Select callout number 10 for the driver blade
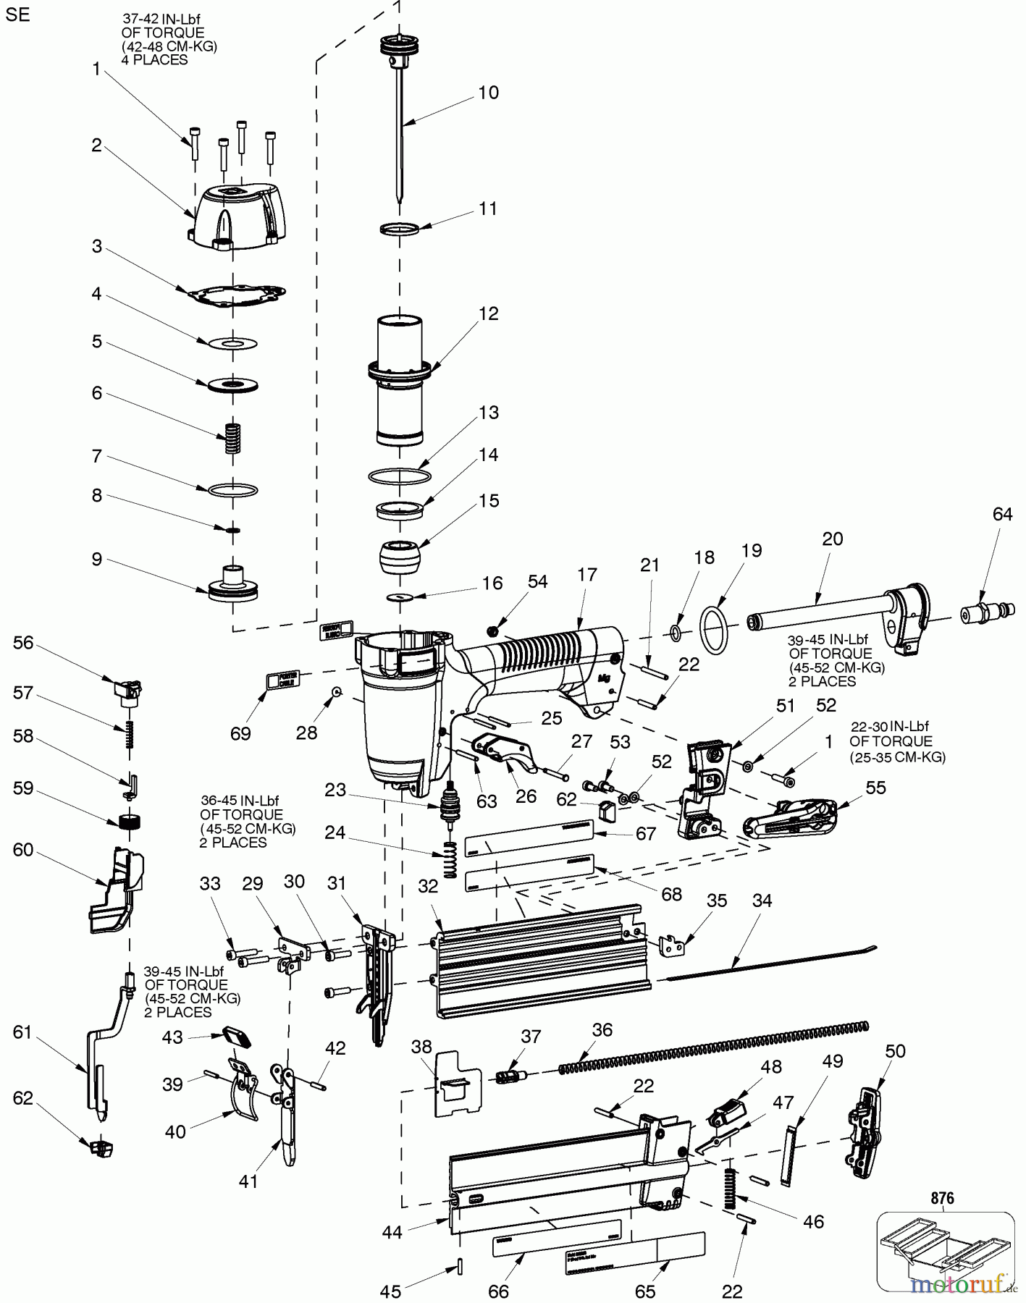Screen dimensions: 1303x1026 [489, 93]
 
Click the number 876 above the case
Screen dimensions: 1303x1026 [942, 1198]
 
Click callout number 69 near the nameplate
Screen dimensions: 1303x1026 [240, 733]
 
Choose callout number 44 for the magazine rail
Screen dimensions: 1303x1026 [392, 1231]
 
